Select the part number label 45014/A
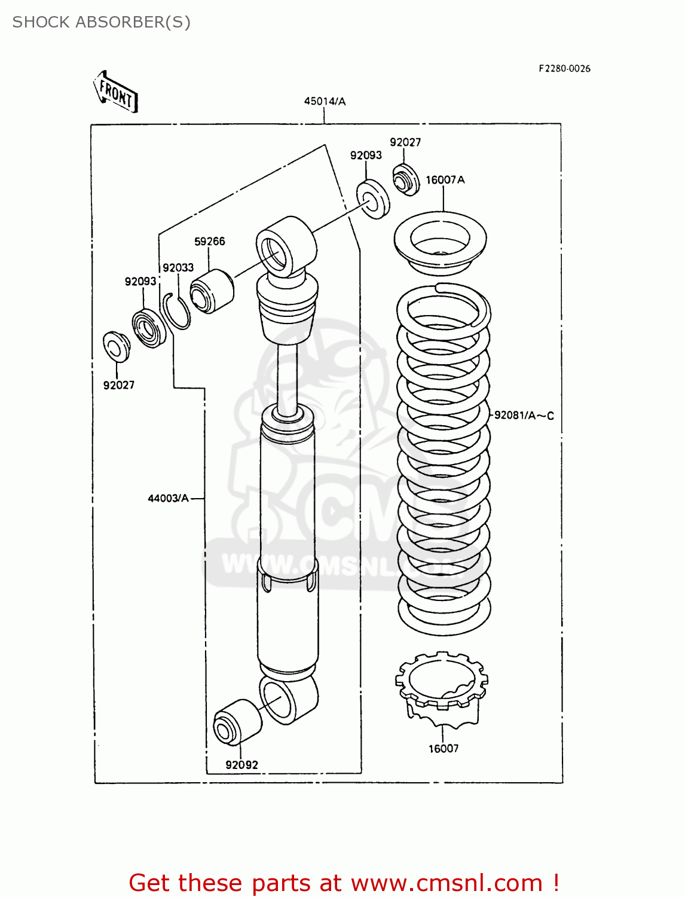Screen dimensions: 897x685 tap(325, 101)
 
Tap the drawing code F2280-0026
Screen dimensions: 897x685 tap(564, 69)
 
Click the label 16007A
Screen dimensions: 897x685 tap(445, 179)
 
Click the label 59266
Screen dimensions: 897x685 tap(209, 241)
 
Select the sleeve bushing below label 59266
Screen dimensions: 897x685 tap(212, 291)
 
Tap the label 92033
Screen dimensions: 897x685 tap(178, 267)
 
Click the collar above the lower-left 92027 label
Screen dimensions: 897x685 tap(116, 346)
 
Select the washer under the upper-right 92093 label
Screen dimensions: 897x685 tap(373, 199)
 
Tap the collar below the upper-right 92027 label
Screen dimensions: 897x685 tap(406, 179)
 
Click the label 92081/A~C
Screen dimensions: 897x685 tap(524, 415)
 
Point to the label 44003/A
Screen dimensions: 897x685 tap(168, 498)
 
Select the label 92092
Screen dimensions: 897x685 tap(241, 764)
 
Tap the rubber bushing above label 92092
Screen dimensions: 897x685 tap(237, 721)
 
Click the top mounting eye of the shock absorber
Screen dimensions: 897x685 tap(286, 246)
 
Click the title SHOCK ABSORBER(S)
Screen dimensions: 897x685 tap(101, 22)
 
